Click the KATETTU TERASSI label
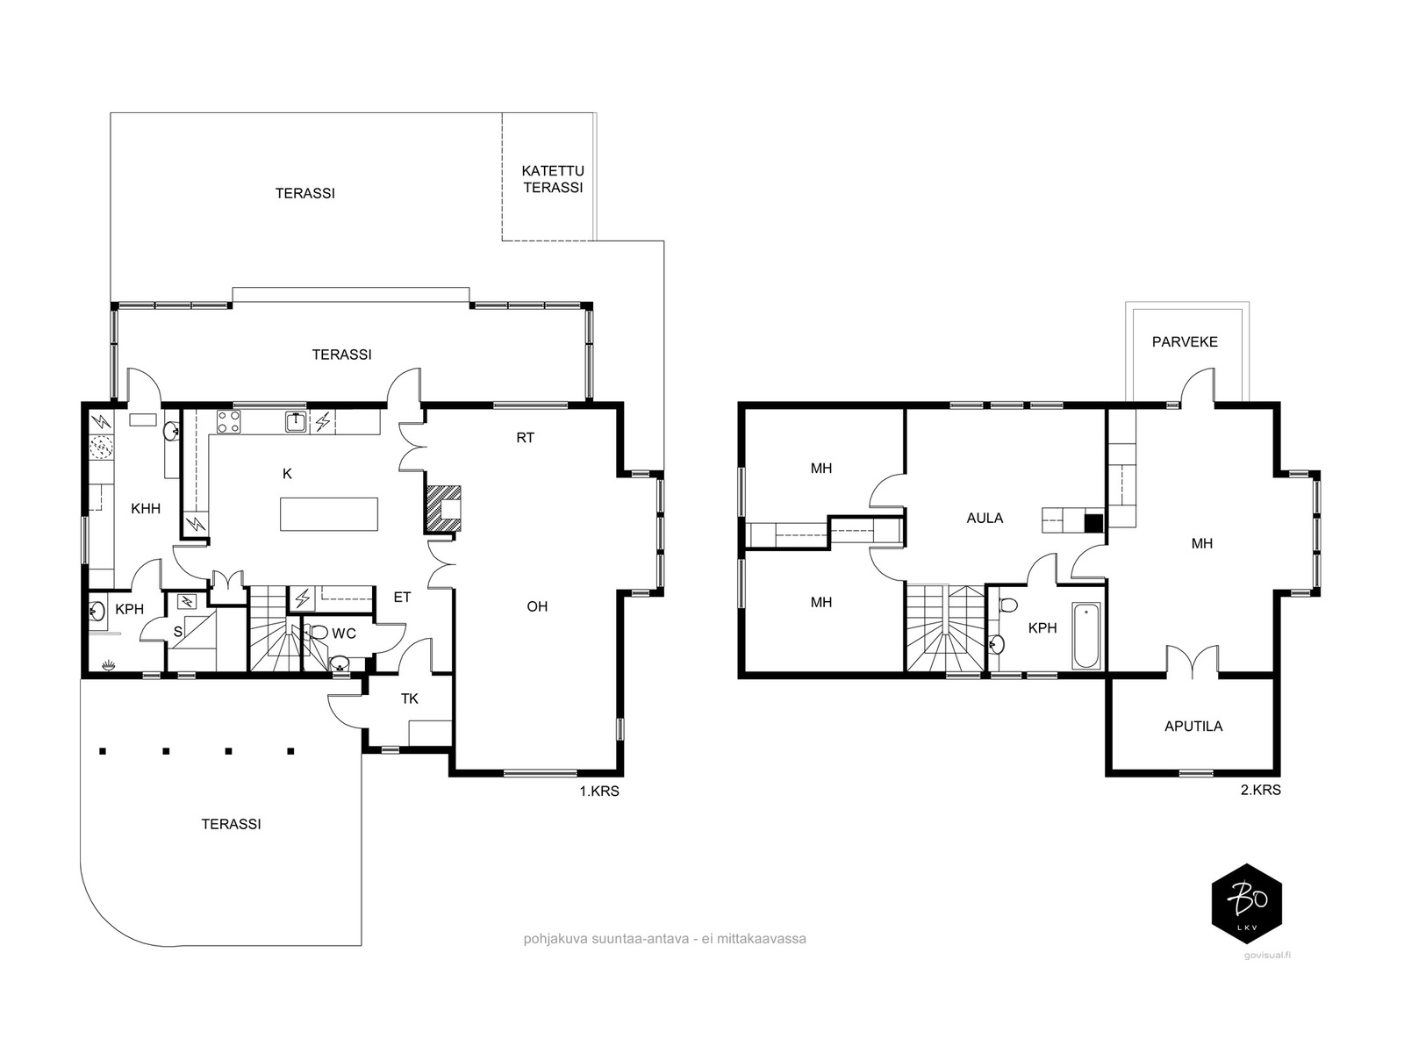click(x=553, y=179)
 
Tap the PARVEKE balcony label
click(x=1185, y=342)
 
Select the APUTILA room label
click(x=1193, y=727)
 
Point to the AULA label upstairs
click(x=985, y=519)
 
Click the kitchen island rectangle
click(x=329, y=514)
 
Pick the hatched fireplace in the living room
click(x=442, y=508)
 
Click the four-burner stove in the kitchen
click(x=228, y=422)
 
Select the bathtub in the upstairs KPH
click(x=1086, y=635)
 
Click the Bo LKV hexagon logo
click(x=1247, y=904)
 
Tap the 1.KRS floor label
click(x=599, y=792)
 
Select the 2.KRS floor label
click(x=1261, y=791)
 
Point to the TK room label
click(x=410, y=698)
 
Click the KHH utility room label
click(x=146, y=509)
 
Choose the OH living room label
click(x=537, y=606)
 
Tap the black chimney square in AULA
click(x=1093, y=524)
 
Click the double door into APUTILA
click(x=1192, y=661)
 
